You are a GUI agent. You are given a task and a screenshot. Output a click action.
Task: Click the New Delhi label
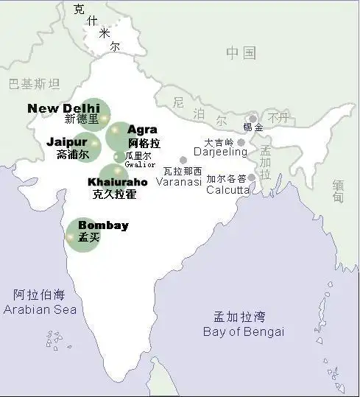pos(63,108)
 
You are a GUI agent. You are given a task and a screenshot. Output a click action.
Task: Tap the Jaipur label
pos(67,141)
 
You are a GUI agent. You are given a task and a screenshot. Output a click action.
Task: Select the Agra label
pos(142,130)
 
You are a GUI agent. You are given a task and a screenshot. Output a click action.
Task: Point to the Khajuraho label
pos(117,182)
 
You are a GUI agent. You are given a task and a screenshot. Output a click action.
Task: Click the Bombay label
pos(103,225)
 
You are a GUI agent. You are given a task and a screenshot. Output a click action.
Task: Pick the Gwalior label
pos(140,164)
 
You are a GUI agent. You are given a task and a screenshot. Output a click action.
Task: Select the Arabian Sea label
pos(40,309)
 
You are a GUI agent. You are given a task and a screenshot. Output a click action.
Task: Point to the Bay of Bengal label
pos(243,331)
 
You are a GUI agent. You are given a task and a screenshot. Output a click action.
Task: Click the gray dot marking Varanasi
pos(183,160)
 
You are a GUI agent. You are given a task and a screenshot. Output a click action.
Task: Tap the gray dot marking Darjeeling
pos(241,142)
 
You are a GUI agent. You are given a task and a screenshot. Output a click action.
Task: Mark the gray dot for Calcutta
pos(252,178)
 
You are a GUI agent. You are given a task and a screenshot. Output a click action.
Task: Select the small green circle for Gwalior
pos(119,156)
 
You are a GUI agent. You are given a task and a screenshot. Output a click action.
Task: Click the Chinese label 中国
pos(241,53)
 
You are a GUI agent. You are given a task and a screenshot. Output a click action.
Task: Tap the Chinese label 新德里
pos(81,119)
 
